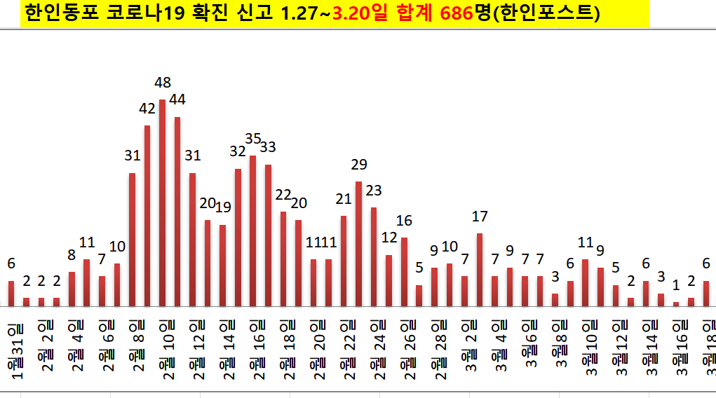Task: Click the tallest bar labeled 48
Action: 162,203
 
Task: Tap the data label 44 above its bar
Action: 177,99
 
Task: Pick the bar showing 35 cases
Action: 252,231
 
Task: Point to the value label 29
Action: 359,165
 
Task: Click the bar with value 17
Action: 480,270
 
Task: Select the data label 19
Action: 223,207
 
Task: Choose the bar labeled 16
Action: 404,272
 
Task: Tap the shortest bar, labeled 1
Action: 676,303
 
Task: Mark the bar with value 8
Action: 72,289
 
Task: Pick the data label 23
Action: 374,190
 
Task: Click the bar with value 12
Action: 389,280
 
